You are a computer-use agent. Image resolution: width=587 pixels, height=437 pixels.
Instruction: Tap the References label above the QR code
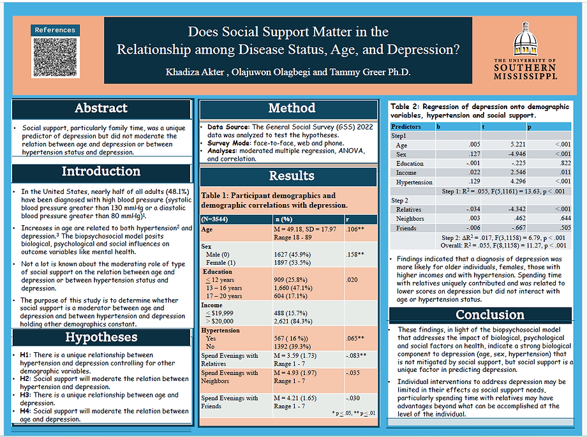(x=55, y=30)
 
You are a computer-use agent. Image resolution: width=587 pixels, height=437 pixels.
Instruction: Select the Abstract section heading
(x=101, y=108)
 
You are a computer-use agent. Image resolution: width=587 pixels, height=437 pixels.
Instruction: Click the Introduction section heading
(x=101, y=172)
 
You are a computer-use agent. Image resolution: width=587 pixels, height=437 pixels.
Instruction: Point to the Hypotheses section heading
(x=101, y=337)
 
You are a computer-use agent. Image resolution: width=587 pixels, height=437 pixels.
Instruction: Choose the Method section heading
(x=292, y=108)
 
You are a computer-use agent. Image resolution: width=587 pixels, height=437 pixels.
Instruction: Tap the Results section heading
(x=292, y=175)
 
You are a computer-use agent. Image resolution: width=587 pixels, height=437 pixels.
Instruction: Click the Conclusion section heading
(x=481, y=315)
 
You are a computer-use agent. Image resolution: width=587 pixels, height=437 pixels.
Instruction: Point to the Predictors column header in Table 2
(x=406, y=127)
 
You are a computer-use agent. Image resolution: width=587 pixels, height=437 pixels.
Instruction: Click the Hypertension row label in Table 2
(x=414, y=182)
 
